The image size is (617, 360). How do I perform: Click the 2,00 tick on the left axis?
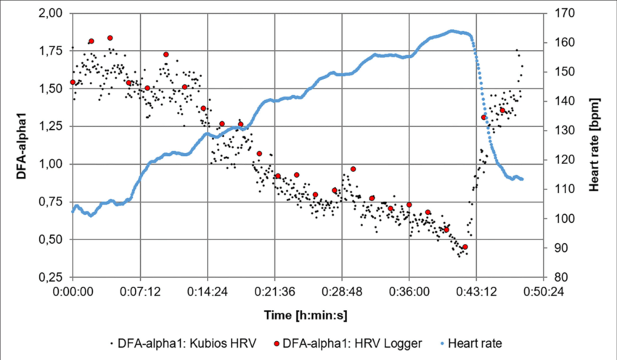click(x=51, y=13)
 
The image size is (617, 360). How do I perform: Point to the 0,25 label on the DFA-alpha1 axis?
click(x=51, y=277)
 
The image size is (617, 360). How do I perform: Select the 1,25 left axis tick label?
click(x=51, y=127)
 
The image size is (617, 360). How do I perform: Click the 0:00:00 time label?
click(x=73, y=292)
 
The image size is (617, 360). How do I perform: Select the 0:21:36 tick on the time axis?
click(x=274, y=292)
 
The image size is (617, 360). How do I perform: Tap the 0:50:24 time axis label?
click(x=544, y=292)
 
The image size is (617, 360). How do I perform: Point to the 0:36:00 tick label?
click(x=409, y=292)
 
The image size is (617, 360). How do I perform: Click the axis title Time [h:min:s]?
click(x=306, y=315)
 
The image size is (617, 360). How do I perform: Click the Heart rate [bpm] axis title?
click(x=594, y=145)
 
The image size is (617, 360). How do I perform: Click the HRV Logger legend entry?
click(x=348, y=343)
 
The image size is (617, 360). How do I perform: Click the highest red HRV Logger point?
click(x=110, y=38)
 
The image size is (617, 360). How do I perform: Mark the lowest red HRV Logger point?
click(x=465, y=247)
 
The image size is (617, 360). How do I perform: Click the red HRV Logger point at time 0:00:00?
click(x=73, y=82)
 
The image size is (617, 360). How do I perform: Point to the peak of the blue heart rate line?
click(x=451, y=30)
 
